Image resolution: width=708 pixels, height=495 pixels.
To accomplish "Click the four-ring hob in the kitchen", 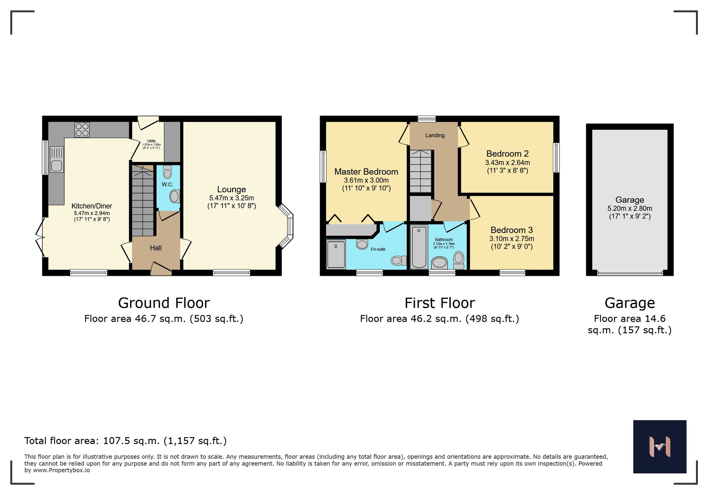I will coord(82,130).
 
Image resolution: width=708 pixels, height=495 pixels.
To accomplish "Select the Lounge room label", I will coord(231,190).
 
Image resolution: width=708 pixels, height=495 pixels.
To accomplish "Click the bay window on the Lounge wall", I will coord(288,226).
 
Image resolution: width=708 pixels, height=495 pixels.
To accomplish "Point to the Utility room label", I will coord(151,141).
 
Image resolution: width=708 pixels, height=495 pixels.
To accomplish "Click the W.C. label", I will coord(167,184).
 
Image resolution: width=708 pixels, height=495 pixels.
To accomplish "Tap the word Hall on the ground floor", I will coord(155,248).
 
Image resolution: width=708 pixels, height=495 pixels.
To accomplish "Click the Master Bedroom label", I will coord(366,172).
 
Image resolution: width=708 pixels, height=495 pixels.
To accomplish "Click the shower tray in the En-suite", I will coord(336,254).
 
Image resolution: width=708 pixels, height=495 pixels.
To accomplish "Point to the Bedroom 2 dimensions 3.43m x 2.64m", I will coord(507,163).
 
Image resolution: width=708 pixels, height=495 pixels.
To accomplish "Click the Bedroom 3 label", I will coord(512,230).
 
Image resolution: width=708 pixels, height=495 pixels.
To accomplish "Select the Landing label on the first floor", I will coord(435,135).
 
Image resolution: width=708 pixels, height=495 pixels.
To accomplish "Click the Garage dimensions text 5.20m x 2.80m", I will coord(629,209).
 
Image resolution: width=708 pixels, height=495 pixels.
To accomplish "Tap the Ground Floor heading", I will coord(164,303).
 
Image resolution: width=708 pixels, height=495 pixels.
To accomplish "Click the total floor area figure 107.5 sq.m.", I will coord(131,441).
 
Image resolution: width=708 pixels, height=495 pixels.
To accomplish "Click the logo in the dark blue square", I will coord(660,447).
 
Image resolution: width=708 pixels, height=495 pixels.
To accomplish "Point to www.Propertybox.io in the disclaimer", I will coord(61,470).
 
